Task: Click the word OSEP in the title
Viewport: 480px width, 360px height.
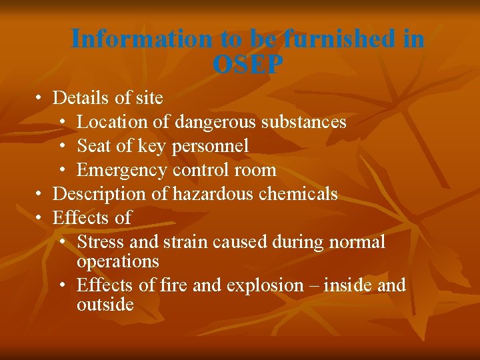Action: tap(248, 65)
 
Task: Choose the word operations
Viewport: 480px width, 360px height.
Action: tap(118, 261)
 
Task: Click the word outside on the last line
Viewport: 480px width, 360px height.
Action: tap(105, 305)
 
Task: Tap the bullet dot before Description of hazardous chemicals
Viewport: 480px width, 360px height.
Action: tap(40, 195)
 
